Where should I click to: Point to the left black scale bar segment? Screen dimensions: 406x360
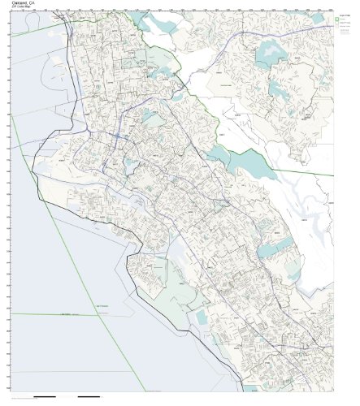point(47,397)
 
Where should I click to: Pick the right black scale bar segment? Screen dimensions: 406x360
point(89,397)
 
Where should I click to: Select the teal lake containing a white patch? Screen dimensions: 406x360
point(273,55)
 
